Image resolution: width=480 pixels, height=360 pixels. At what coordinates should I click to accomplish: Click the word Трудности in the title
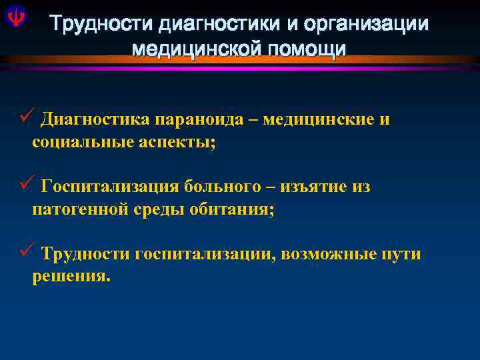[x=100, y=25]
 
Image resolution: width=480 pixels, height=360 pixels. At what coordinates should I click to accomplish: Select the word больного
[x=223, y=187]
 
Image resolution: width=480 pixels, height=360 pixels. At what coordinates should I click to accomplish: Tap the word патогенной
[x=77, y=210]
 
